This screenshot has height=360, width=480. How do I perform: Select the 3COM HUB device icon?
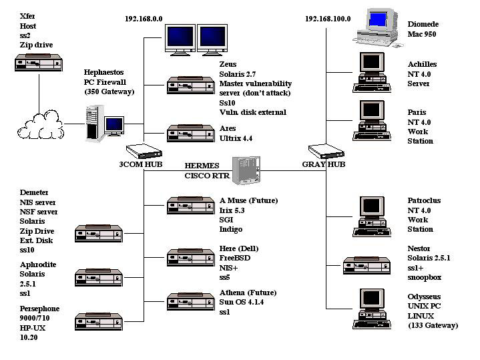[145, 150]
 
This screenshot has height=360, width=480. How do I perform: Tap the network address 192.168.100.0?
[328, 19]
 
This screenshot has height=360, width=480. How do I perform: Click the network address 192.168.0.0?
[148, 19]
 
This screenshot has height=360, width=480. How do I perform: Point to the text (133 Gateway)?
[433, 325]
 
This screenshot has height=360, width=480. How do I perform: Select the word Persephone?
[39, 309]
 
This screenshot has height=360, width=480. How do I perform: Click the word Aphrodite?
[38, 264]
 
